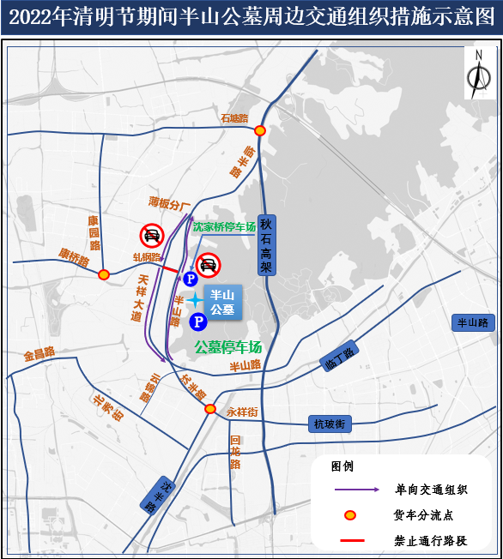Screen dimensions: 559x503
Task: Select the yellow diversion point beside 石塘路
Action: [x=259, y=130]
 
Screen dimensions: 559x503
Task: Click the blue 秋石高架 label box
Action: [x=266, y=244]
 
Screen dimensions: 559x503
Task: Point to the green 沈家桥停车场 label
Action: [x=224, y=227]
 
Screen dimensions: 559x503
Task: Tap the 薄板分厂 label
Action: [x=168, y=204]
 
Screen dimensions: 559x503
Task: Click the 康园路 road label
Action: [x=94, y=232]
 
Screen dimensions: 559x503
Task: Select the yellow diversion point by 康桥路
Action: [x=104, y=274]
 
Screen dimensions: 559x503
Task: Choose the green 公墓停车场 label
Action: [x=227, y=347]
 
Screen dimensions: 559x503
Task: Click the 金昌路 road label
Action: [x=39, y=352]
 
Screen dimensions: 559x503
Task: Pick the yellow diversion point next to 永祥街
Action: [x=210, y=409]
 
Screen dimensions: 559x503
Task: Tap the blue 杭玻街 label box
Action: [x=329, y=424]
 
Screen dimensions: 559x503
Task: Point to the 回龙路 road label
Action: [x=235, y=453]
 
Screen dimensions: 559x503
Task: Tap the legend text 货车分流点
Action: [x=423, y=515]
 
